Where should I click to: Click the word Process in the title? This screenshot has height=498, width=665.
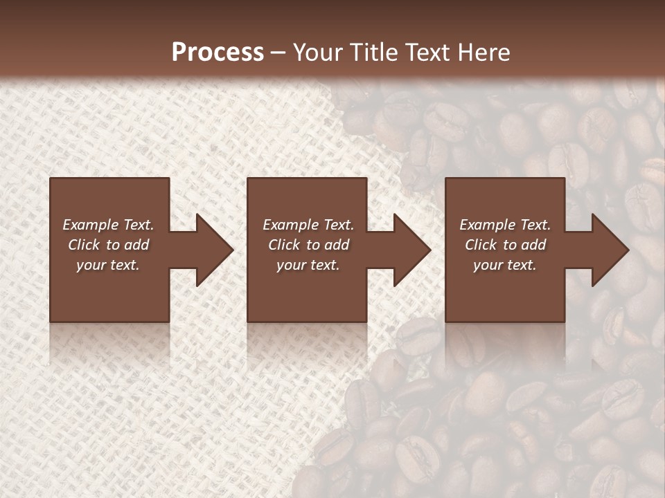[x=218, y=53]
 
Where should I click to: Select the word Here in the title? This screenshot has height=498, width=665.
[x=484, y=53]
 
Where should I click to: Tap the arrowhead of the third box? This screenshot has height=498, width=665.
[x=609, y=250]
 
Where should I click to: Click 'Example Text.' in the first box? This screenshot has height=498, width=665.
[x=108, y=225]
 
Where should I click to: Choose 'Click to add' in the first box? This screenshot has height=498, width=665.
[x=108, y=245]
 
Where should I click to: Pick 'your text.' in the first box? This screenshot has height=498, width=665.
[x=108, y=265]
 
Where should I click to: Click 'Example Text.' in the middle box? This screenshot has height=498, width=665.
[x=308, y=225]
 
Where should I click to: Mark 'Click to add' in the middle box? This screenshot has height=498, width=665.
[x=308, y=245]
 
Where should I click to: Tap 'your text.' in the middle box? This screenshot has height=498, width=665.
[x=308, y=265]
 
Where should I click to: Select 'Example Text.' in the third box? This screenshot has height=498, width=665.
[x=505, y=225]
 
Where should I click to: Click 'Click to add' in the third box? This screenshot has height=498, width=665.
[x=505, y=245]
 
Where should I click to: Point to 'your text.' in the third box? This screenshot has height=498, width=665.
[x=505, y=265]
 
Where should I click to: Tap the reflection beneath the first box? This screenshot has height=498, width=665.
[x=109, y=342]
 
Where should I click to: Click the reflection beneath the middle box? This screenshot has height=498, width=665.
[x=307, y=342]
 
